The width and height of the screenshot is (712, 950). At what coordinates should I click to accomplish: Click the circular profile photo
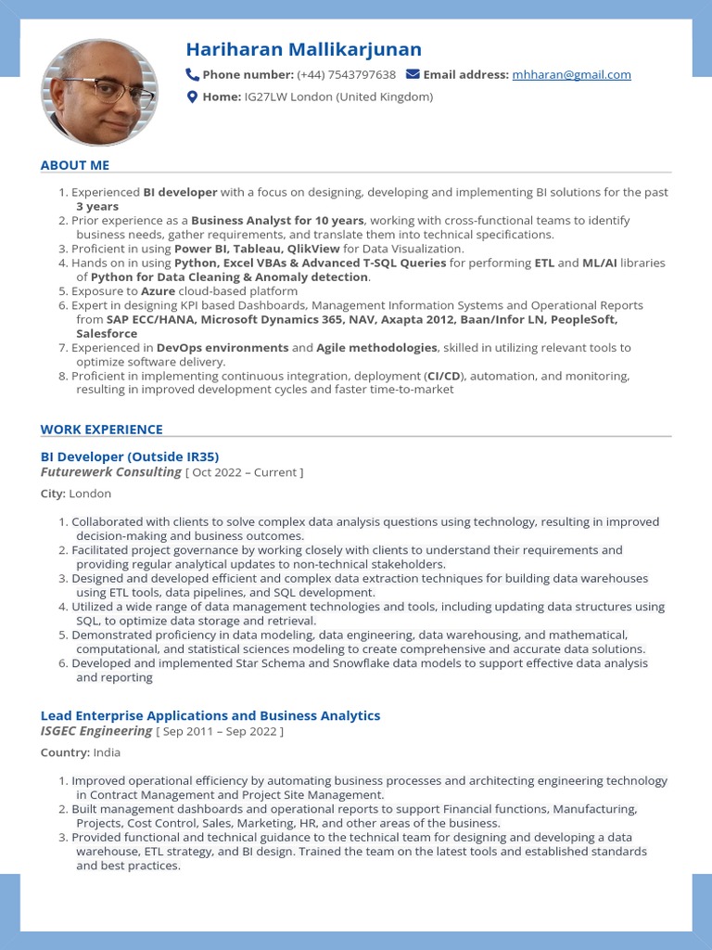point(99,93)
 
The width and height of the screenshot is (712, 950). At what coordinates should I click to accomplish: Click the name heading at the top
point(303,49)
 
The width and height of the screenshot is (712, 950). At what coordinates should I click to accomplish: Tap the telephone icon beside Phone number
point(193,74)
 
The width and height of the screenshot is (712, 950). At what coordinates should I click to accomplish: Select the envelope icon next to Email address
point(413,74)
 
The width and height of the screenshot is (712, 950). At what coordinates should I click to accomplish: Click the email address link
point(571,75)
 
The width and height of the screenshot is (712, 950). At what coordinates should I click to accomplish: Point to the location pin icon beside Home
point(193,96)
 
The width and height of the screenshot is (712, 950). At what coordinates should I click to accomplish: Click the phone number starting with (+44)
point(346,75)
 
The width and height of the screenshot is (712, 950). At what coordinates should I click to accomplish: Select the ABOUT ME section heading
point(75,165)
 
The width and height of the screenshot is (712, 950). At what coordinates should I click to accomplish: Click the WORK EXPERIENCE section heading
point(101,430)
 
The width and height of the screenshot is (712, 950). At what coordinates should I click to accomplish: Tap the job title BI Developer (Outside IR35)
point(130,456)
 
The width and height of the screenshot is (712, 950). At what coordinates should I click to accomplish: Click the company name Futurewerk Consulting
point(111,472)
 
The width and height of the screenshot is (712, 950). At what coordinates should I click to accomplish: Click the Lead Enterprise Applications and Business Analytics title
point(210,715)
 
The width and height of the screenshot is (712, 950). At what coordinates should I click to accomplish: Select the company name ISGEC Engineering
point(96,731)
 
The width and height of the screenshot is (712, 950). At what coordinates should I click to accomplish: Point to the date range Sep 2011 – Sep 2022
point(220,732)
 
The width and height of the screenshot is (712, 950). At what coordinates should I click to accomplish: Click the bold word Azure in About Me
point(158,291)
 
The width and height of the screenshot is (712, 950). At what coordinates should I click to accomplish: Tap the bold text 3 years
point(97,207)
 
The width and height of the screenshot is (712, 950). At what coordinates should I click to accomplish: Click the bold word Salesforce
point(107,334)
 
